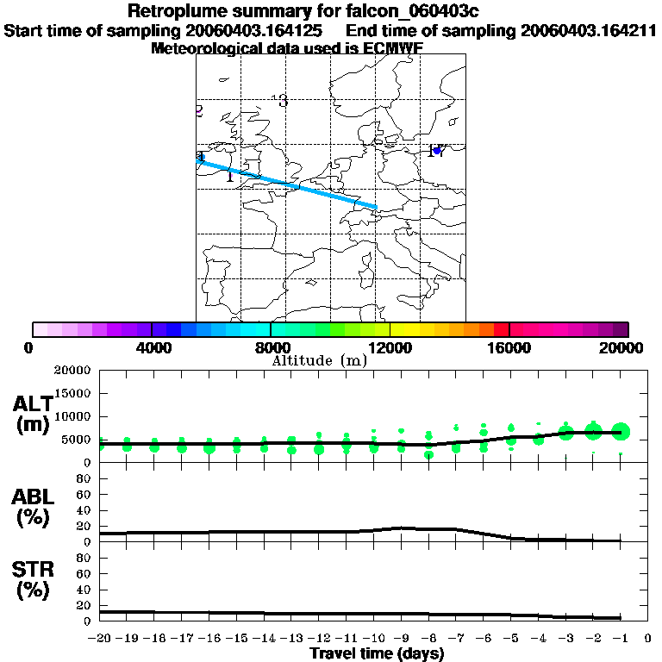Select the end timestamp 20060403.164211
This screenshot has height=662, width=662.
[589, 30]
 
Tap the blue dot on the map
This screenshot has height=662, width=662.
[437, 151]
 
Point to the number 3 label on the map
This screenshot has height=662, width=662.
[283, 102]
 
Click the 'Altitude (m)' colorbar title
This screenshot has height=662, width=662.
[319, 360]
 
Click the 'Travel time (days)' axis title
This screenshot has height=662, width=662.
[377, 653]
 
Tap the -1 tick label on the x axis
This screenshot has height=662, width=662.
[620, 638]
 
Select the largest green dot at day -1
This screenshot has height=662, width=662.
[621, 432]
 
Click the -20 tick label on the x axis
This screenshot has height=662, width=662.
[100, 638]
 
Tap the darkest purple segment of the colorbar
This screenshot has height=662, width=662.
[620, 329]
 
